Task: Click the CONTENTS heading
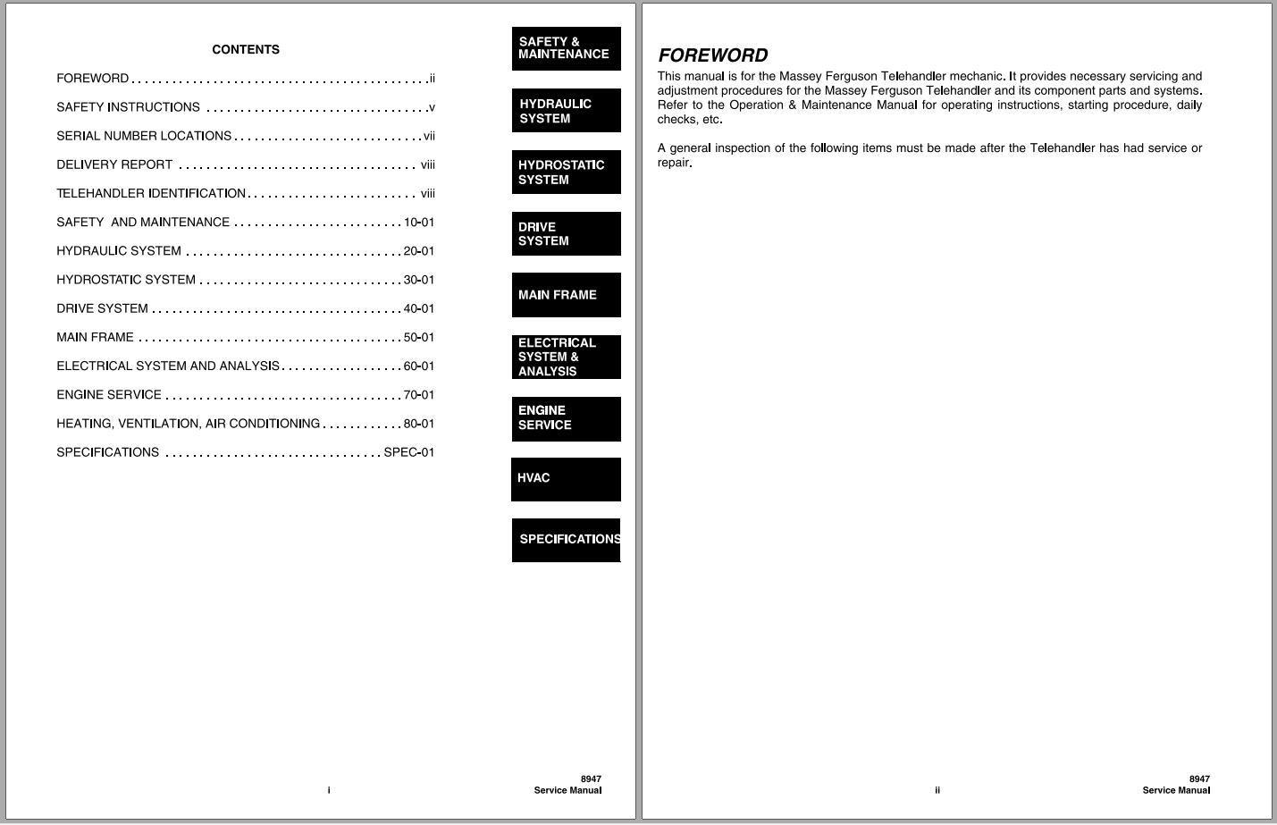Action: click(246, 50)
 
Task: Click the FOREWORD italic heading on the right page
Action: click(712, 55)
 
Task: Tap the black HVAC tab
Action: click(566, 479)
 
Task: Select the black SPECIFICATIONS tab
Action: click(566, 540)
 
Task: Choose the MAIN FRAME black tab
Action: click(566, 295)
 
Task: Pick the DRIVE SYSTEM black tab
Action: click(566, 233)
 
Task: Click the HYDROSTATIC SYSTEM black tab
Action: click(566, 172)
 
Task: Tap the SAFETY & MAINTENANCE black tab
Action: click(566, 48)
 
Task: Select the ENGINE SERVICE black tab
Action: click(566, 418)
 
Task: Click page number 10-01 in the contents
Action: click(419, 223)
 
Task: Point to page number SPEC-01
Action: click(408, 452)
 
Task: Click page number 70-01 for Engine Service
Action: click(419, 395)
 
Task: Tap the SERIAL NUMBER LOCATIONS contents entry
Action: click(144, 136)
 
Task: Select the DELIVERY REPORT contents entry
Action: click(114, 164)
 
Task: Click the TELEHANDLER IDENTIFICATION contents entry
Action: click(151, 193)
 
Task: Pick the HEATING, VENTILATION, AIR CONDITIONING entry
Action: click(188, 424)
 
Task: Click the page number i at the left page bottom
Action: click(329, 790)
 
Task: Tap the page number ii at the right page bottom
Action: click(937, 790)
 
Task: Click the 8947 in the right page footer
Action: click(1199, 779)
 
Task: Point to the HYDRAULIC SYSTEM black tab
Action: click(566, 111)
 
